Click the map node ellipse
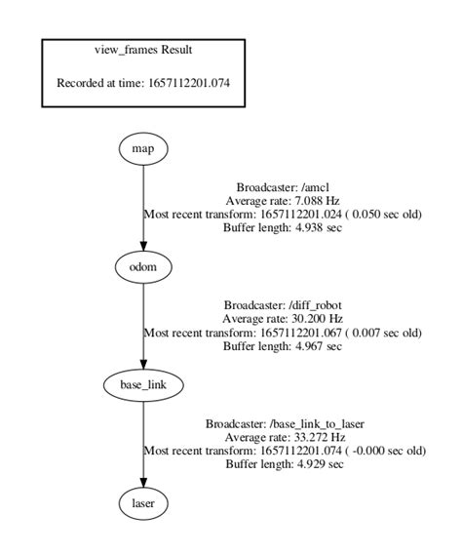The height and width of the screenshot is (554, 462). tap(143, 148)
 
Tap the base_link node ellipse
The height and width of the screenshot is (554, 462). tap(143, 385)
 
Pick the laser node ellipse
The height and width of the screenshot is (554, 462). tap(143, 503)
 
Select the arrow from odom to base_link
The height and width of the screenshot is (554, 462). tap(143, 326)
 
